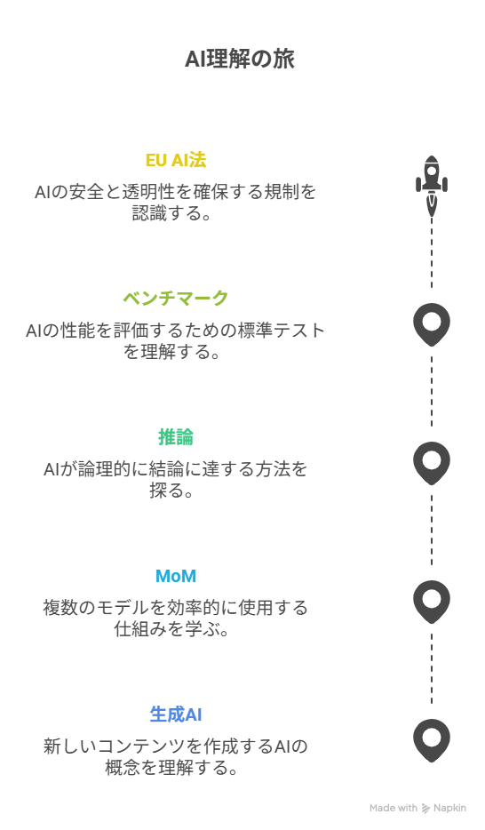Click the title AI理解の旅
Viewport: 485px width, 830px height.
coord(240,59)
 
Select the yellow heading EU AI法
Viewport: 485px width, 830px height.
coord(176,160)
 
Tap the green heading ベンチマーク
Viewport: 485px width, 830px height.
coord(176,298)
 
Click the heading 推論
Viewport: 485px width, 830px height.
coord(176,436)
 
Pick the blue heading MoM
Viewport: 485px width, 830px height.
coord(176,576)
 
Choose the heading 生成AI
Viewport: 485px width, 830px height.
coord(176,714)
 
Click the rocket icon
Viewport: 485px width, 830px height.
coord(432,185)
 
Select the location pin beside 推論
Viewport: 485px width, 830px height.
coord(432,463)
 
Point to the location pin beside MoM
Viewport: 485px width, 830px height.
coord(432,602)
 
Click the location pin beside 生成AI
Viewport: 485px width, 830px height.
coord(432,740)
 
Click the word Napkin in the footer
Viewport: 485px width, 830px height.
coord(449,808)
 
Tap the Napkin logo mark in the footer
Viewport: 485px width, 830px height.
coord(425,809)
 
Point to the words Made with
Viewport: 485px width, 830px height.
coord(394,808)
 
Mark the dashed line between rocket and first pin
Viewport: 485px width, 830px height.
coord(432,252)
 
